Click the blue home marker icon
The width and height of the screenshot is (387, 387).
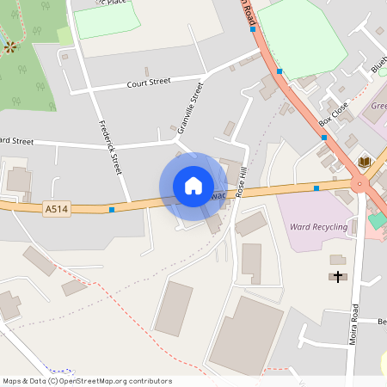[x=193, y=186]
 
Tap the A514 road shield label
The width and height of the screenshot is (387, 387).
[x=56, y=208]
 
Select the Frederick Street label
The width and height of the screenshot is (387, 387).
[x=111, y=146]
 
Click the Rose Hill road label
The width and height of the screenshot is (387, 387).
[x=242, y=181]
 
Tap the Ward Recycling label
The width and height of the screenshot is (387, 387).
[x=318, y=228]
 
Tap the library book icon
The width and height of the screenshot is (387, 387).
[x=364, y=162]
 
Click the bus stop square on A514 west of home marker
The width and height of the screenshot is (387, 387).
[x=112, y=209]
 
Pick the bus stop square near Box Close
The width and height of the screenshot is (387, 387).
[x=323, y=138]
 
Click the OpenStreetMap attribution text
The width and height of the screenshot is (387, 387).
[x=86, y=381]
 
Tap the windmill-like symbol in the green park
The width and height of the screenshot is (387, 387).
[x=10, y=46]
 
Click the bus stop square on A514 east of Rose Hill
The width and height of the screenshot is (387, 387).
[x=316, y=187]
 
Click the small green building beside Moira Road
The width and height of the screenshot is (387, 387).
[x=377, y=220]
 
